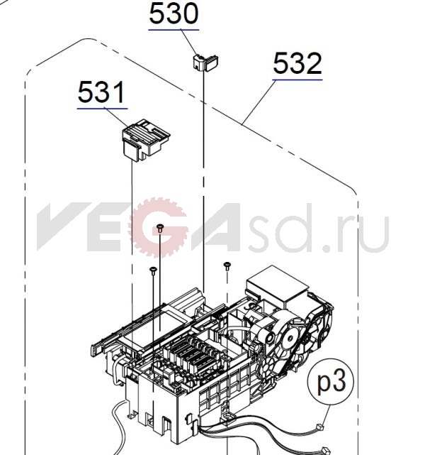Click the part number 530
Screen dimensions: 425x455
[x=174, y=13]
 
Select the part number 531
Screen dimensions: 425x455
[x=101, y=92]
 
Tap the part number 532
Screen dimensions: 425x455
[x=297, y=63]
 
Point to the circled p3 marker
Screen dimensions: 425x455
[x=331, y=382]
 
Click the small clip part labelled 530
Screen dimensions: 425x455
[x=205, y=62]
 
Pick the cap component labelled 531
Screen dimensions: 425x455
[x=146, y=140]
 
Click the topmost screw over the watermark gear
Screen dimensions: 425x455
[x=160, y=228]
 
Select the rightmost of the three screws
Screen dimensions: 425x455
[x=227, y=266]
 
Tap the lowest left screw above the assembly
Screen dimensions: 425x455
[x=153, y=270]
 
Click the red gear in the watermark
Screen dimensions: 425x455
[x=159, y=227]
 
